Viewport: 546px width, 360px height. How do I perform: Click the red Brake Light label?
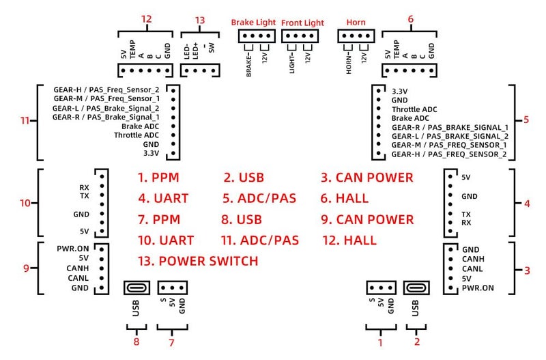tap(253, 23)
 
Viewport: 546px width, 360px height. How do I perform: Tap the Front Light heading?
tap(302, 23)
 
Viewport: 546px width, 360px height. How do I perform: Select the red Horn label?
tap(356, 23)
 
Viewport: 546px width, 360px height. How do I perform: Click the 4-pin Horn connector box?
tap(356, 36)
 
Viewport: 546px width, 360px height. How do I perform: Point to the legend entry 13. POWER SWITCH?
tap(198, 261)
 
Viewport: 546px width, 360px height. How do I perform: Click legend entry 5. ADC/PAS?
tap(259, 198)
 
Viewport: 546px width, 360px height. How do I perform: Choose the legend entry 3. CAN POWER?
tap(367, 178)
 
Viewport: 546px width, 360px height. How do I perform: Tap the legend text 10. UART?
tap(166, 240)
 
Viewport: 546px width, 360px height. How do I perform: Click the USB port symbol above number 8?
tap(137, 288)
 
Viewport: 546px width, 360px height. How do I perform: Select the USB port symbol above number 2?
tap(416, 288)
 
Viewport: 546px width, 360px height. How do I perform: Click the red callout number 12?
tap(147, 19)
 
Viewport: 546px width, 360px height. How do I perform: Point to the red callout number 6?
tap(411, 19)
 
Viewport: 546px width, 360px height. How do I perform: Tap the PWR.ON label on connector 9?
tap(73, 249)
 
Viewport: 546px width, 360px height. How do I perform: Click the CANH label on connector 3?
tap(473, 259)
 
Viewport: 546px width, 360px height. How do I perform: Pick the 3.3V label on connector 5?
tap(399, 92)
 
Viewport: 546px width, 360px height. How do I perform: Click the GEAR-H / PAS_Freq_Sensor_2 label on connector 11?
tap(106, 89)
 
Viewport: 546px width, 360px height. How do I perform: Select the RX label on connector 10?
tap(84, 187)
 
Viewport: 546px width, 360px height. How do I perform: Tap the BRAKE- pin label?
tap(248, 65)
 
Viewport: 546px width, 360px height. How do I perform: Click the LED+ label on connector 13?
tap(195, 51)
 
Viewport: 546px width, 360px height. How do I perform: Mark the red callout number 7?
tap(171, 342)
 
